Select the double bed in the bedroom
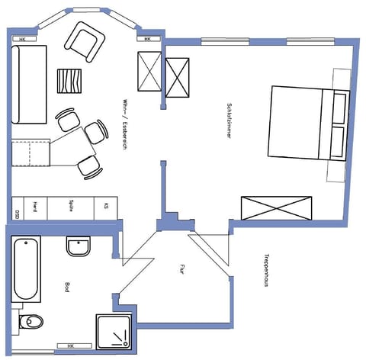tap(299, 123)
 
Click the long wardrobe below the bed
tap(278, 208)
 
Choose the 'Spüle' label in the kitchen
tap(70, 207)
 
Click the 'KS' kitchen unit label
tap(105, 207)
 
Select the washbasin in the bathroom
tap(79, 247)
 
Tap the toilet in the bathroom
tap(30, 321)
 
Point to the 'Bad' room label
tap(68, 288)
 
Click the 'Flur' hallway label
tap(182, 268)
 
